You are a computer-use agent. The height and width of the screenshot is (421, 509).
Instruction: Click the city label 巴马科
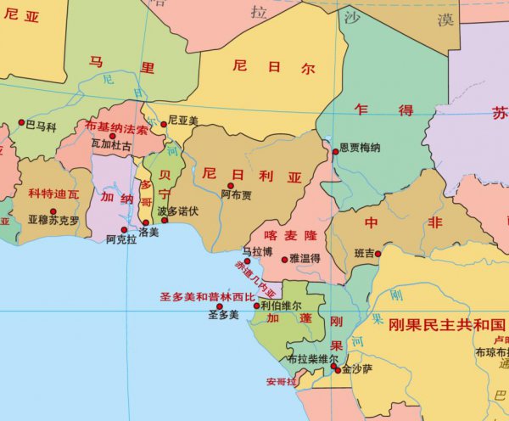click(x=41, y=126)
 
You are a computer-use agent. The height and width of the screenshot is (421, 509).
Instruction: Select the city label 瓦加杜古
click(x=111, y=146)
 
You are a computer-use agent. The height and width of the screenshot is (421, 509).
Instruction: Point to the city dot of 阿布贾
click(x=230, y=185)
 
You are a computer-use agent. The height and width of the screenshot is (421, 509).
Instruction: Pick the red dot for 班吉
click(x=378, y=253)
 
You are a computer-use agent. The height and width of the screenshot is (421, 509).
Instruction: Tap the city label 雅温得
click(x=304, y=257)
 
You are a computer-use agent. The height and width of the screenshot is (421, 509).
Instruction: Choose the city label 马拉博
click(x=258, y=251)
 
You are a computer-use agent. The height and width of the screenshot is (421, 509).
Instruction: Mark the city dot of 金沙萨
click(x=337, y=370)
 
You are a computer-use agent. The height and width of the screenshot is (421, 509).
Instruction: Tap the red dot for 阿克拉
click(x=124, y=229)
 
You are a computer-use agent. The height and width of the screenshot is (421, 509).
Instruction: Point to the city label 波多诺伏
click(x=178, y=210)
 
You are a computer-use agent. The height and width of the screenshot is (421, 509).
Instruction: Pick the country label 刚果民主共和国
click(x=446, y=325)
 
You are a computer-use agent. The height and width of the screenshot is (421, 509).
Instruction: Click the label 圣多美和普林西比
click(x=207, y=298)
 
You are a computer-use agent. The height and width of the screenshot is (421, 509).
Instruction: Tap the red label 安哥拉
click(x=281, y=382)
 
